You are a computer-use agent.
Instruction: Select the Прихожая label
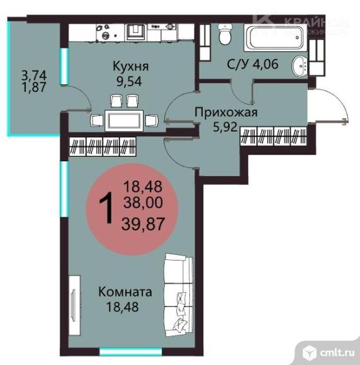tap(218, 113)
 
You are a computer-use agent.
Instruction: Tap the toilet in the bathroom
tap(226, 35)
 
